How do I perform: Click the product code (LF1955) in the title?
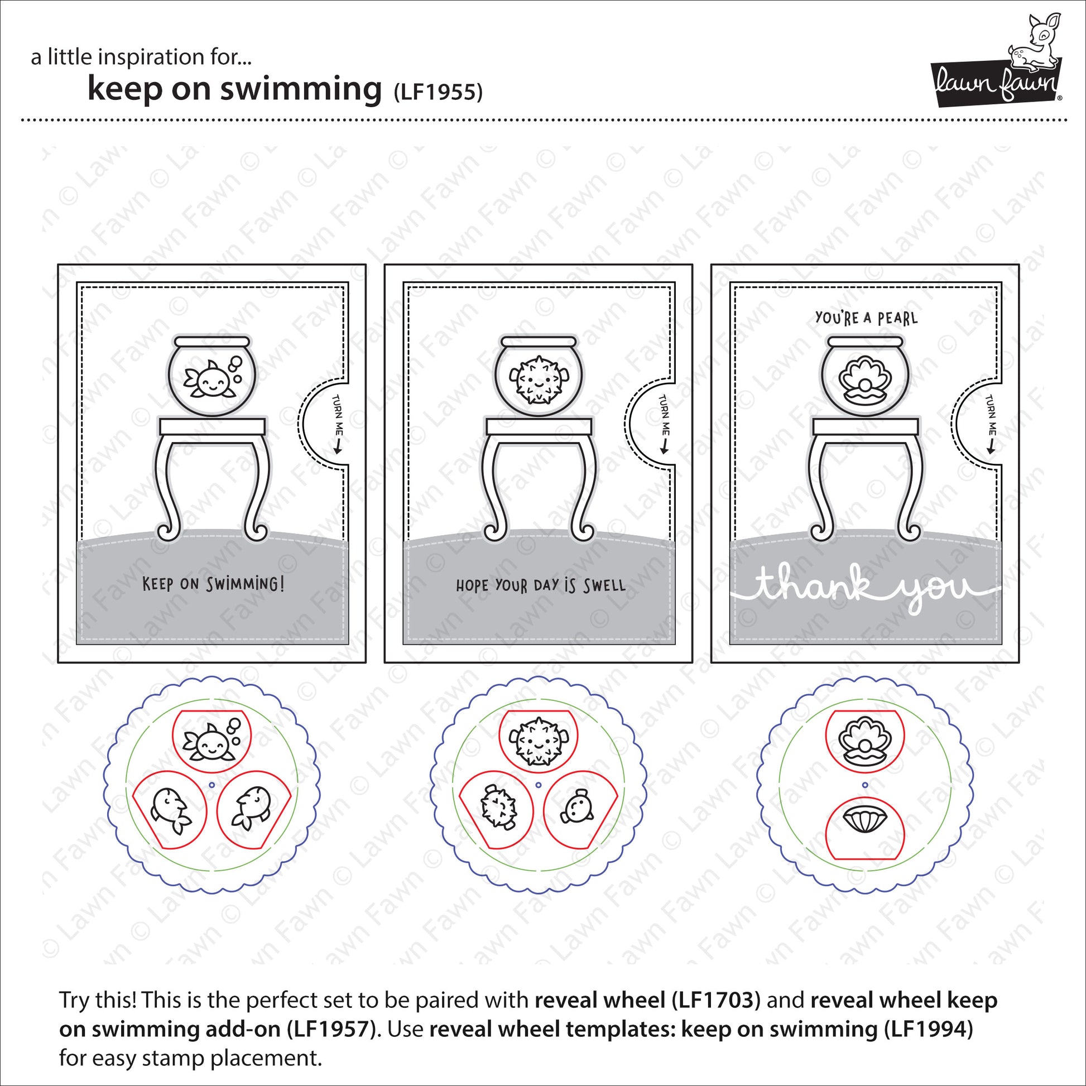pyautogui.click(x=438, y=92)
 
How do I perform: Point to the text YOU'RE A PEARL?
pyautogui.click(x=866, y=318)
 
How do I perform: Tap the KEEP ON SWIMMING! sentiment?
pyautogui.click(x=213, y=584)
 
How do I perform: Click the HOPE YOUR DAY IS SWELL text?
pyautogui.click(x=540, y=586)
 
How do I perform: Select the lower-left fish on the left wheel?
pyautogui.click(x=170, y=810)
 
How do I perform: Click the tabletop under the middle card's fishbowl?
pyautogui.click(x=539, y=426)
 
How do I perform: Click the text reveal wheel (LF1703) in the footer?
pyautogui.click(x=647, y=1000)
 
